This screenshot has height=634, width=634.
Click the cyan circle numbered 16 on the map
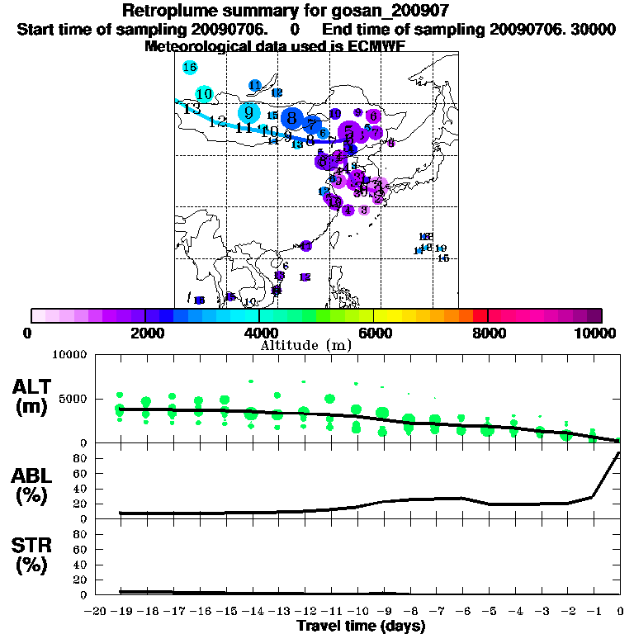click(x=189, y=68)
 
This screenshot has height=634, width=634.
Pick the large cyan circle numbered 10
click(x=204, y=94)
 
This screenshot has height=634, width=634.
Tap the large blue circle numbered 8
click(x=291, y=118)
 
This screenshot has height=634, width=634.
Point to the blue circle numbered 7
click(x=311, y=125)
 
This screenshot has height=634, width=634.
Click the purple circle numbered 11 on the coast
click(x=334, y=201)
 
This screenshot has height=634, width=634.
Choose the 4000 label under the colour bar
click(x=259, y=333)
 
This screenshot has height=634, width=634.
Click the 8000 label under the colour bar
click(x=488, y=333)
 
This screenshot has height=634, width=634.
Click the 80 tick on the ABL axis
click(x=83, y=457)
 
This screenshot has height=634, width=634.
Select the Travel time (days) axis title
click(x=361, y=627)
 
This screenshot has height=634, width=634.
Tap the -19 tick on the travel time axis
click(x=121, y=611)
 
